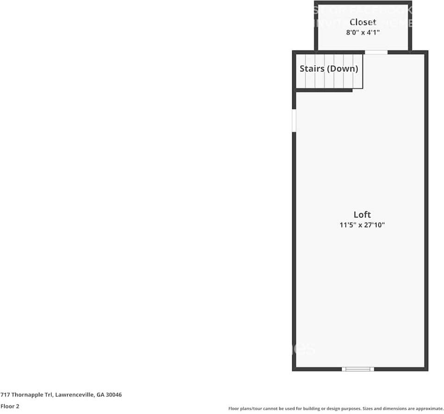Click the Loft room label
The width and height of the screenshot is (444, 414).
[x=362, y=214]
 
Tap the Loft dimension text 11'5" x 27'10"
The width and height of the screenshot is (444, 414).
[x=362, y=225]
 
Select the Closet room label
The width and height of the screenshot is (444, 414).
[x=363, y=22]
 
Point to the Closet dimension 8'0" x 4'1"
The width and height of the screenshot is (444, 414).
[x=363, y=32]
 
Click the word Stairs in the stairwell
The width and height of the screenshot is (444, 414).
[x=312, y=69]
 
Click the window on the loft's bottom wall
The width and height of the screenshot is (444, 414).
[x=358, y=369]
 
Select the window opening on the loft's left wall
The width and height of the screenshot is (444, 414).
[x=294, y=120]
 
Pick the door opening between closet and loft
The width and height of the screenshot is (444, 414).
[x=376, y=52]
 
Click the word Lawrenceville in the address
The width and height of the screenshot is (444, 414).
[x=75, y=395]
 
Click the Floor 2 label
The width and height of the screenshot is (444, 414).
[x=10, y=406]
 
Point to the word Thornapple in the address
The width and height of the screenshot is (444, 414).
[x=26, y=395]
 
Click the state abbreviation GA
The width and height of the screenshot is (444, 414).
[x=100, y=395]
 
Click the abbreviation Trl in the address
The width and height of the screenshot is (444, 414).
[x=48, y=395]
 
